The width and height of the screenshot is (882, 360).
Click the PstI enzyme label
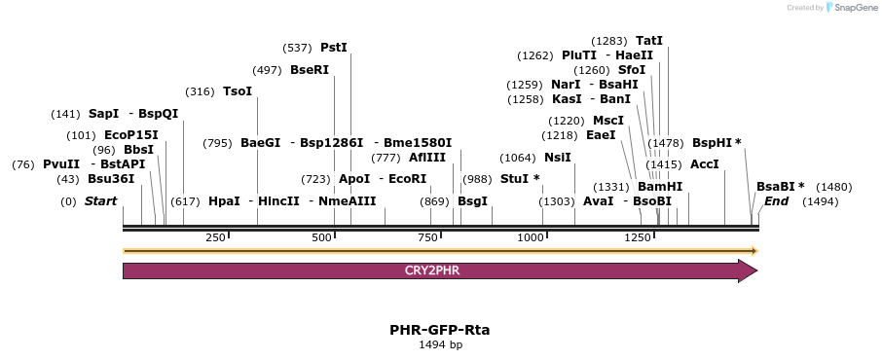pos(334,48)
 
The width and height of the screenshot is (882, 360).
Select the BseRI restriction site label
pos(310,70)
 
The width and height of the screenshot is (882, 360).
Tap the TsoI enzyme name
pos(238,91)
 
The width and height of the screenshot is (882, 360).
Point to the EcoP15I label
pos(131,135)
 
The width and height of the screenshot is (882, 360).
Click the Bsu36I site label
pos(111,179)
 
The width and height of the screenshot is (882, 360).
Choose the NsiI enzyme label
pos(558,158)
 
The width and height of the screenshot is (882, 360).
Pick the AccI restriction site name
pos(704,164)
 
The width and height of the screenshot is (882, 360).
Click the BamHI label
pos(660,186)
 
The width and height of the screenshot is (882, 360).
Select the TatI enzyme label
pos(649,41)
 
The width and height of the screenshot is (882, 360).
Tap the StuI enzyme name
pos(515,179)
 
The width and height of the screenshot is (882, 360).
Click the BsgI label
pos(472,200)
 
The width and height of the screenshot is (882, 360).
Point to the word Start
pos(100,200)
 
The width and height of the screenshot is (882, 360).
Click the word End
pos(776,200)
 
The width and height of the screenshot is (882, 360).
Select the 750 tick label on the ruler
pos(426,238)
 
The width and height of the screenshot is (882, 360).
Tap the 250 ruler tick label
pos(215,238)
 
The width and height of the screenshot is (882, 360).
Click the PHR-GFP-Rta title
pos(440,330)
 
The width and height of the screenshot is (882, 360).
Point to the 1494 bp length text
pos(440,344)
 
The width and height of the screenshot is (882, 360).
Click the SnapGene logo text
pos(856,8)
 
